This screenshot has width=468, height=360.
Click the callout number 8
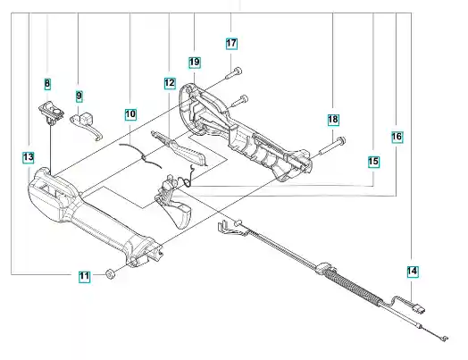(x=47, y=84)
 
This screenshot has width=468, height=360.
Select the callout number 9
(x=79, y=96)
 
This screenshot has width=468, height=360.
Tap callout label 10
(x=130, y=114)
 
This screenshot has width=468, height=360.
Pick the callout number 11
(x=85, y=276)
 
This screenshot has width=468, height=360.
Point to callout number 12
(x=170, y=83)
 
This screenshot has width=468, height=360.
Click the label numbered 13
(x=29, y=157)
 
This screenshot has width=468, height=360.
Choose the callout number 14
(x=413, y=272)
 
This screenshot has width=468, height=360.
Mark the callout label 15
(x=373, y=162)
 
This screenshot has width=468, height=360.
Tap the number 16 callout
(x=397, y=137)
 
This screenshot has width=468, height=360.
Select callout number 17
(x=231, y=43)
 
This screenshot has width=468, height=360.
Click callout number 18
(x=333, y=120)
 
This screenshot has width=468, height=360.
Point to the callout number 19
(x=195, y=63)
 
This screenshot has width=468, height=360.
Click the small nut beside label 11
(x=111, y=273)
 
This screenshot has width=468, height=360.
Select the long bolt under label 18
(x=332, y=146)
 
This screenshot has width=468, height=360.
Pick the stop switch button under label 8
(x=51, y=113)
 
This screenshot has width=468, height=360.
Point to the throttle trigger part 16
(x=172, y=204)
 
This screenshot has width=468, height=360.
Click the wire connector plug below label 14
(x=420, y=308)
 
